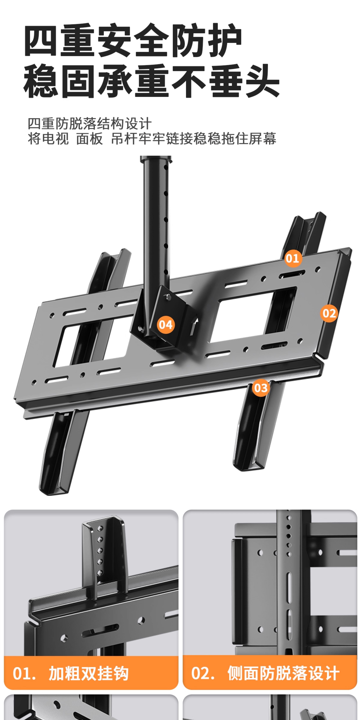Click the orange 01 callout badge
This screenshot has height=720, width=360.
click(x=293, y=258)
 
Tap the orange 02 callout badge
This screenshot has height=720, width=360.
click(x=329, y=313)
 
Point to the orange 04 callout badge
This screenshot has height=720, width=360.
click(x=166, y=324)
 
